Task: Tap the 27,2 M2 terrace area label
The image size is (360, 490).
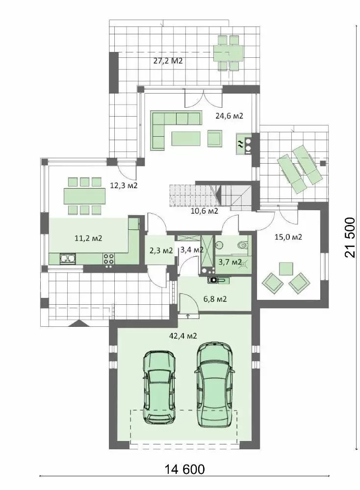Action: tap(168, 61)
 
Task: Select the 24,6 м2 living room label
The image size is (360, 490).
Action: tap(229, 116)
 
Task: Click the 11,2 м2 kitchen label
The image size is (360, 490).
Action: tap(88, 239)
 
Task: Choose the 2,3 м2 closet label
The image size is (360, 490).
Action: tap(160, 250)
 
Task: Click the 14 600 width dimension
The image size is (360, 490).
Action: tap(184, 469)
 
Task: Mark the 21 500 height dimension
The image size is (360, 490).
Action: tap(350, 238)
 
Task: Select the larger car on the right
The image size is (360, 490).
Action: tap(214, 385)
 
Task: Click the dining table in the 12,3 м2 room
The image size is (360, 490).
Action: tap(84, 196)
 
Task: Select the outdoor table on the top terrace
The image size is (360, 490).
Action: tap(228, 52)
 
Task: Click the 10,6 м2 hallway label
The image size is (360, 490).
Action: tap(204, 211)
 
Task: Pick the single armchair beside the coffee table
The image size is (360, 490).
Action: tap(215, 138)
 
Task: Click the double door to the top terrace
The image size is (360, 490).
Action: tap(204, 99)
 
